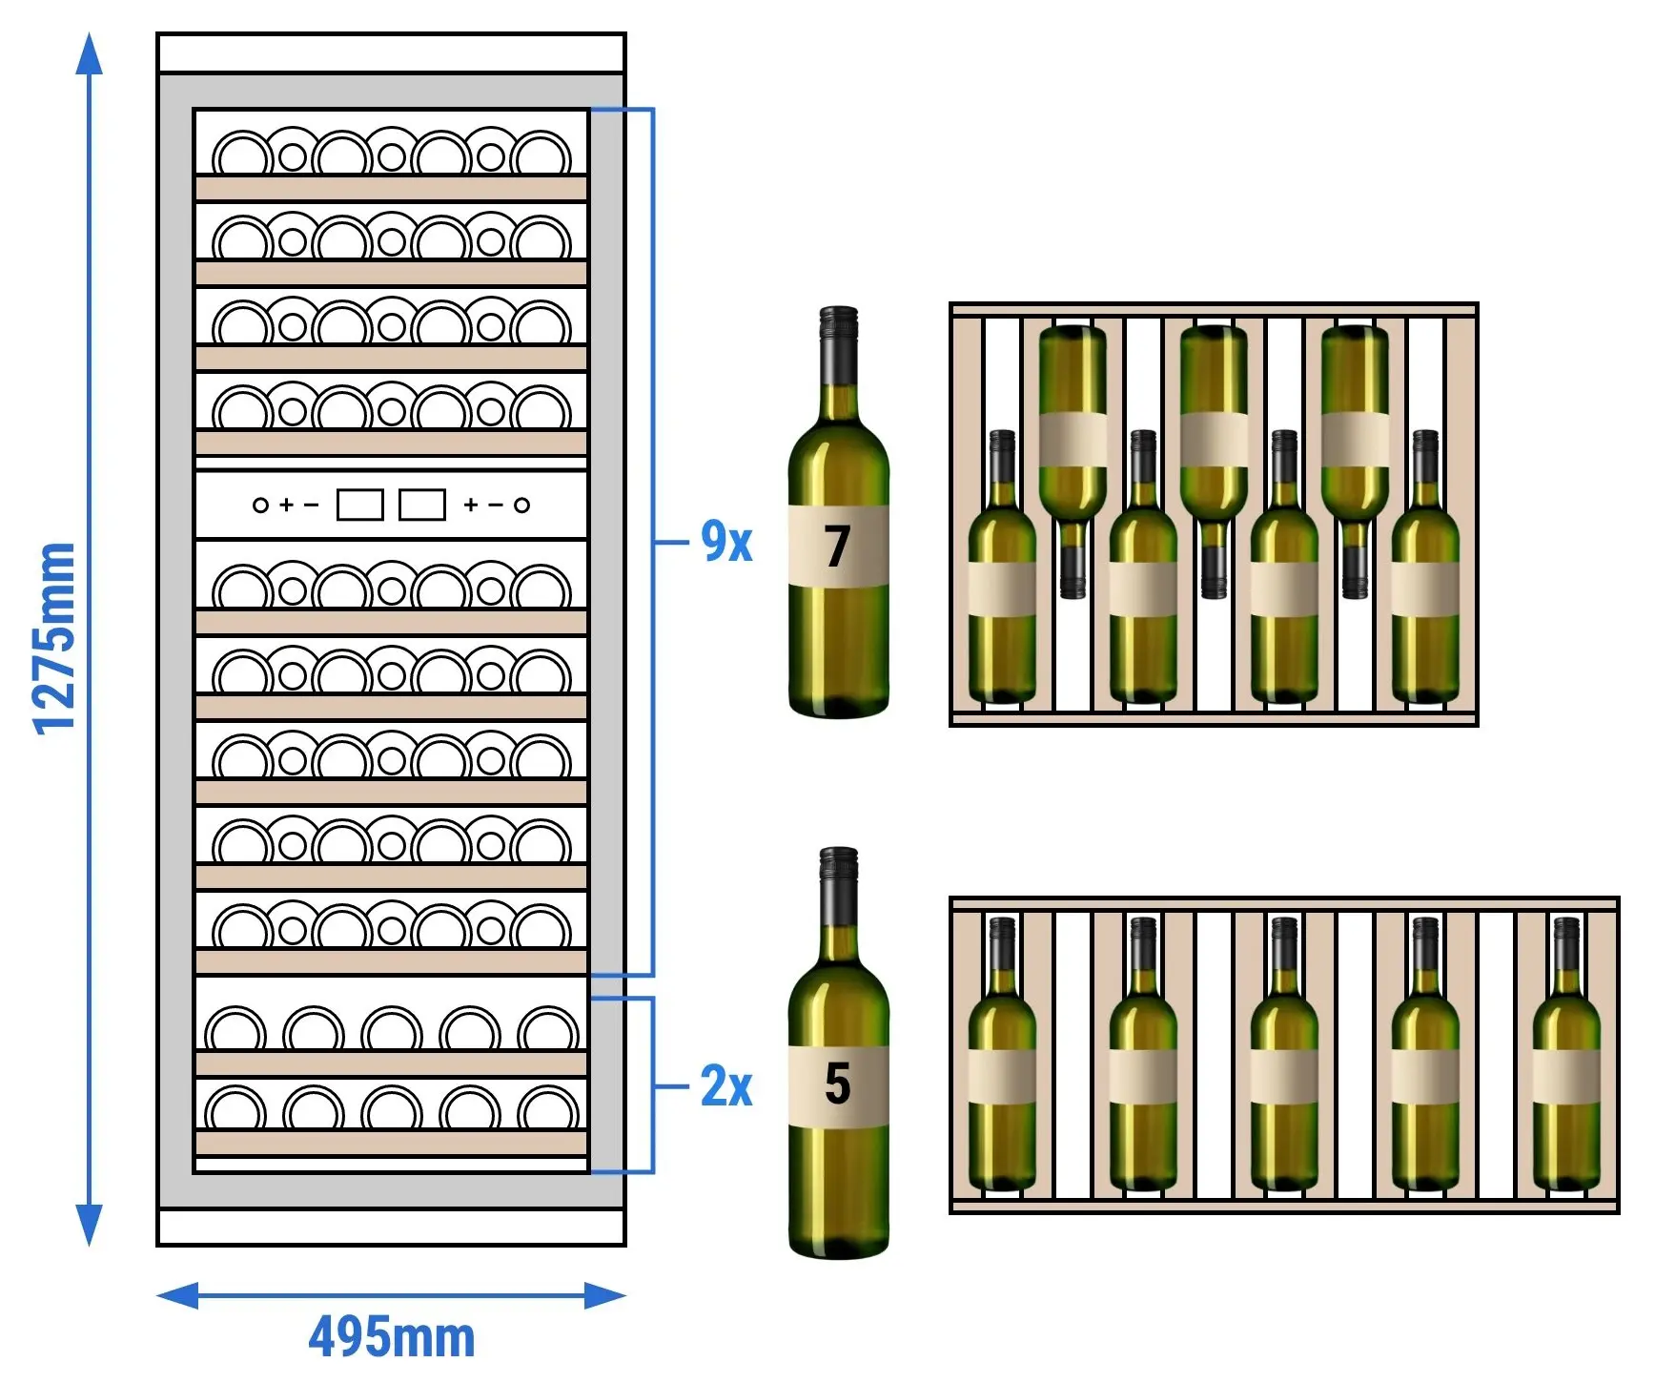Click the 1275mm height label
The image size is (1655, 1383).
[54, 638]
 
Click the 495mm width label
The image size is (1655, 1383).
[392, 1336]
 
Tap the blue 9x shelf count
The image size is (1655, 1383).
[726, 541]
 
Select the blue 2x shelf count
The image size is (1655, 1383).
[726, 1085]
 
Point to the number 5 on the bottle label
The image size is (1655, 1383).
[837, 1084]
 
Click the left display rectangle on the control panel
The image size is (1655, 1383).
[360, 505]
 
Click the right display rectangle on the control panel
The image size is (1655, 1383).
[421, 505]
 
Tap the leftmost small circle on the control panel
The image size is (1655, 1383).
[260, 505]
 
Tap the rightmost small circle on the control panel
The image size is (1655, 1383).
[521, 505]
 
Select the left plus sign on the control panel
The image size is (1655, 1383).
[286, 505]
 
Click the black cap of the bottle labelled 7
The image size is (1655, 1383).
[838, 346]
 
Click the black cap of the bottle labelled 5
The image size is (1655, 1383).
[838, 887]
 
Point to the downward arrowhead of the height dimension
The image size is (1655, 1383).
[89, 1225]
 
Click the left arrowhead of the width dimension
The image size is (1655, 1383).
[177, 1295]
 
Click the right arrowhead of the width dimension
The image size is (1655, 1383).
[605, 1295]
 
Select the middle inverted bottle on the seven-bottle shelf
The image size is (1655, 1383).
[1214, 462]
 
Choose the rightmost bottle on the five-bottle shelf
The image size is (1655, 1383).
[1566, 1054]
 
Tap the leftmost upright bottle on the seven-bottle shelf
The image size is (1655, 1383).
[1002, 567]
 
